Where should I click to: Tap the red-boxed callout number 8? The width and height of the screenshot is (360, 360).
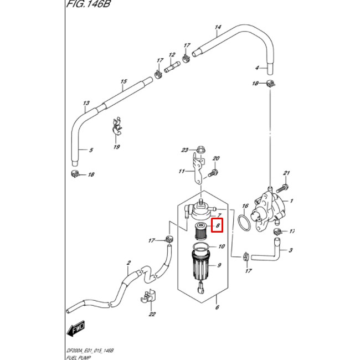pyautogui.click(x=218, y=226)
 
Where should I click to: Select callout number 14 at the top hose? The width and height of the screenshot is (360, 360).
pyautogui.click(x=218, y=27)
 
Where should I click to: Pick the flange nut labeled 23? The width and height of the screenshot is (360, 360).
pyautogui.click(x=199, y=150)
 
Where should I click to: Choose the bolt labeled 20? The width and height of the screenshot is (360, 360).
pyautogui.click(x=211, y=173)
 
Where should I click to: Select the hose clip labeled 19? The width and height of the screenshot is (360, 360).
pyautogui.click(x=116, y=128)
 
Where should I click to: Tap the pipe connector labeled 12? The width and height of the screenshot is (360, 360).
pyautogui.click(x=172, y=68)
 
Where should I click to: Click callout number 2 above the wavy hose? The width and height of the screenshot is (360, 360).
pyautogui.click(x=128, y=263)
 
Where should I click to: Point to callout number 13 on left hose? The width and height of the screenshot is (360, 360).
pyautogui.click(x=86, y=104)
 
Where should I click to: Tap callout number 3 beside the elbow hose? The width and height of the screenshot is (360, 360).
pyautogui.click(x=290, y=250)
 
